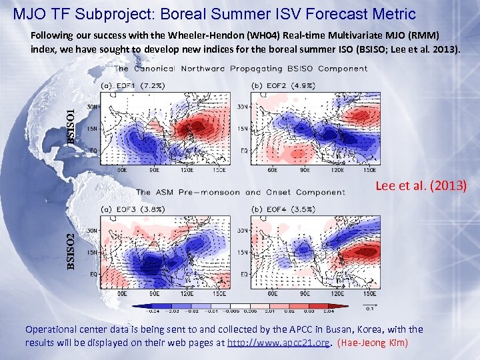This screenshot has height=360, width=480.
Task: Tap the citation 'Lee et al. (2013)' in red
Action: tap(421, 186)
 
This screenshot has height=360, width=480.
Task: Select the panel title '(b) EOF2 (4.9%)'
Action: tap(275, 86)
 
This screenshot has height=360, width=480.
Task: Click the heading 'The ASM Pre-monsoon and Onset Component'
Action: tap(241, 192)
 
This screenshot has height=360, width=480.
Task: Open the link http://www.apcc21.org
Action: tap(279, 343)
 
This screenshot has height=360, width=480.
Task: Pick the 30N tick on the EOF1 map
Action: tap(93, 105)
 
